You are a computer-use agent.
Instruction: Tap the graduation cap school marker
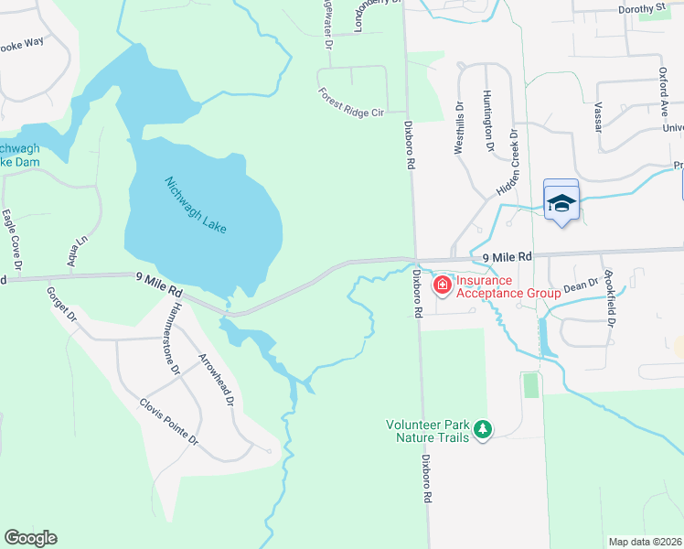pyautogui.click(x=561, y=203)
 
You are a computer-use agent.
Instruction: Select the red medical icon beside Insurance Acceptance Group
pyautogui.click(x=443, y=286)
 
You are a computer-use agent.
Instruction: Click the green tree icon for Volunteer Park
pyautogui.click(x=482, y=428)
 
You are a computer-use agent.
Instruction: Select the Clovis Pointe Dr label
pyautogui.click(x=168, y=421)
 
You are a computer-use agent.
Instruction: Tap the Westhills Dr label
pyautogui.click(x=459, y=128)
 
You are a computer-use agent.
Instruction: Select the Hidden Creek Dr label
pyautogui.click(x=508, y=163)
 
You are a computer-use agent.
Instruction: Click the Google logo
pyautogui.click(x=30, y=538)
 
